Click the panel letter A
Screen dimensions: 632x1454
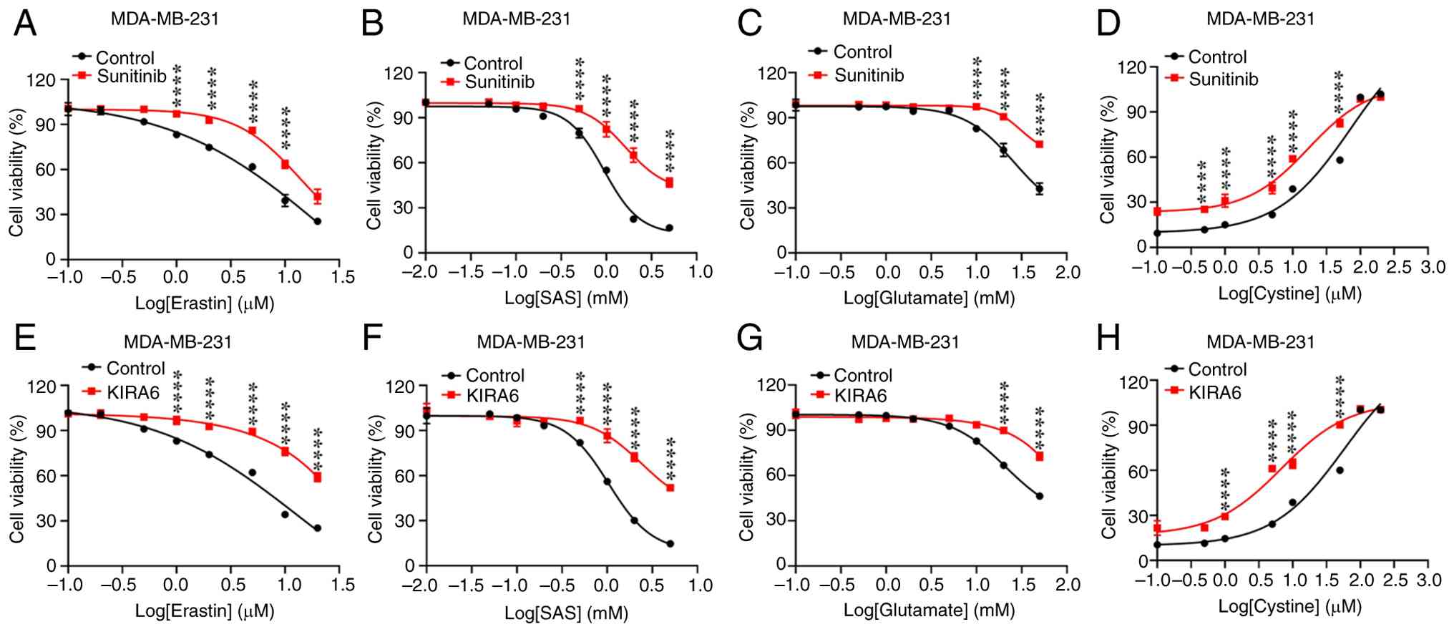coord(25,23)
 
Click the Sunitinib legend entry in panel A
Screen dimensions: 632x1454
coord(131,76)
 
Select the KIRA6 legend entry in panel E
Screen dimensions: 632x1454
coord(132,392)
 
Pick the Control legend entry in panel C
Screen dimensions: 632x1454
coord(862,52)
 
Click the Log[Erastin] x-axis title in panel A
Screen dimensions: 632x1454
coord(205,304)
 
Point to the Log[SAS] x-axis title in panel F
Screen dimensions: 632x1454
coord(566,613)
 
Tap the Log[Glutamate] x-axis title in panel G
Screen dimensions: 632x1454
coord(929,611)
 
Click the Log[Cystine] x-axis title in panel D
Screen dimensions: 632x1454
coord(1289,293)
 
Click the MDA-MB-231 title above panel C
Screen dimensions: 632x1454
coord(897,19)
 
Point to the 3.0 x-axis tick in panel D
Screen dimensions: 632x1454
coord(1428,268)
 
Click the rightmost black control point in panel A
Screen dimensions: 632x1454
coord(317,222)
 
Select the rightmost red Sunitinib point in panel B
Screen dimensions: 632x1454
coord(669,183)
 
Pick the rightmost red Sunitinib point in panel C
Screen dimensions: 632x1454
coord(1039,145)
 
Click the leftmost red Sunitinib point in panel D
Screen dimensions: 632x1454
coord(1157,212)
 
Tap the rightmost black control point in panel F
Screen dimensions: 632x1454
coord(670,544)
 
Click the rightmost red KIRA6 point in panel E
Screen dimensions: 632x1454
coord(317,477)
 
